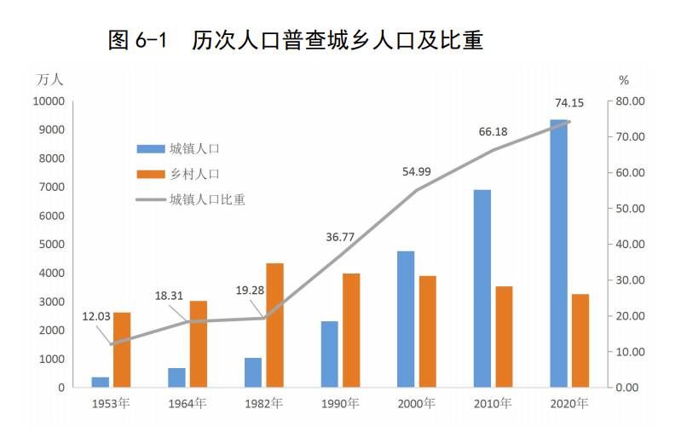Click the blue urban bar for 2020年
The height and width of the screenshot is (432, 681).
[x=558, y=254]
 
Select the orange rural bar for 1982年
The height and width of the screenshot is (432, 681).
[x=274, y=325]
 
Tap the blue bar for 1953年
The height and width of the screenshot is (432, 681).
[x=101, y=382]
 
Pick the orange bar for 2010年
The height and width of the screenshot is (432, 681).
[x=504, y=337]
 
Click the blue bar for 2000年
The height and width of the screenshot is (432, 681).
[x=406, y=320]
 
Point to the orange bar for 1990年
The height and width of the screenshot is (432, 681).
[x=351, y=331]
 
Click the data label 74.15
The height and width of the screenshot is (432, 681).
[x=569, y=103]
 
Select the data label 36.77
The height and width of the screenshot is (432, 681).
[x=340, y=237]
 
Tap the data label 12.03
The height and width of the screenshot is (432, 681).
[x=96, y=316]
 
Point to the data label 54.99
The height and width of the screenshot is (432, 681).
[x=417, y=171]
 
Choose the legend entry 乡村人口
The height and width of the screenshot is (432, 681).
[x=194, y=174]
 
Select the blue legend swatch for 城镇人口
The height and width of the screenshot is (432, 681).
[x=149, y=148]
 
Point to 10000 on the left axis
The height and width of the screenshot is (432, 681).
[x=49, y=101]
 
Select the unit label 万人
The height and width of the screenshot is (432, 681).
[x=49, y=80]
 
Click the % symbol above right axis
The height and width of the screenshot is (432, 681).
[x=623, y=80]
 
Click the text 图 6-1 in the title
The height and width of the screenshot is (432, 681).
[x=141, y=40]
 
